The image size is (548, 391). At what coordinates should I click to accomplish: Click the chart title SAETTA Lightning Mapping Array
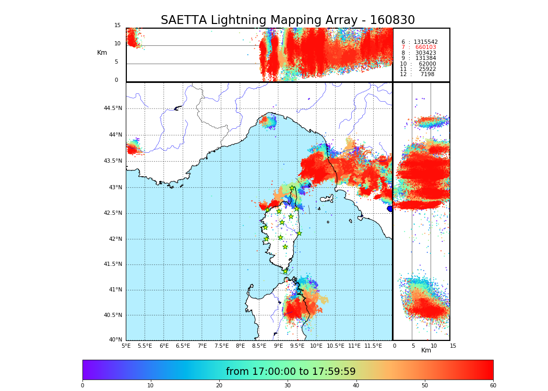(288, 20)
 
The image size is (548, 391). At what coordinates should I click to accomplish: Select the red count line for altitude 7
(419, 47)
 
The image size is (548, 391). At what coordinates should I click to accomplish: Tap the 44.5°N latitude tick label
(112, 108)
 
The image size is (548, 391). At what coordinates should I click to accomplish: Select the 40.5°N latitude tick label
(112, 315)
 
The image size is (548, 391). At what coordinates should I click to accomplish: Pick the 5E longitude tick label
(126, 346)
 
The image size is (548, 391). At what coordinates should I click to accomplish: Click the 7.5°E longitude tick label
(221, 346)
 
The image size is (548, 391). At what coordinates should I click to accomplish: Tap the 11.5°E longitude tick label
(373, 346)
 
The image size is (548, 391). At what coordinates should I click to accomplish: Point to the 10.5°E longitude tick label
(336, 346)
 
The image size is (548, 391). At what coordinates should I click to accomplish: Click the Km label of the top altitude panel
(102, 53)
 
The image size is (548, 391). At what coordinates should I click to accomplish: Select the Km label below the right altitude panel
(426, 351)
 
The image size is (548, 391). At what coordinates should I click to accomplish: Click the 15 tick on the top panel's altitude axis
(117, 26)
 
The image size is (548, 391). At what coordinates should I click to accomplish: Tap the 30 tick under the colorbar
(288, 386)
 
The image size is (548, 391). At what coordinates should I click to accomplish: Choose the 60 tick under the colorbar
(493, 386)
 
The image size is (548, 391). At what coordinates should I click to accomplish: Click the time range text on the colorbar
(291, 372)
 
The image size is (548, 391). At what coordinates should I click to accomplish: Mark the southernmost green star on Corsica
(285, 272)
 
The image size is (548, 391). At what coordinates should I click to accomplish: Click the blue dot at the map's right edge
(390, 209)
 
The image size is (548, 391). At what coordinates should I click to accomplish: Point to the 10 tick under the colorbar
(150, 386)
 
